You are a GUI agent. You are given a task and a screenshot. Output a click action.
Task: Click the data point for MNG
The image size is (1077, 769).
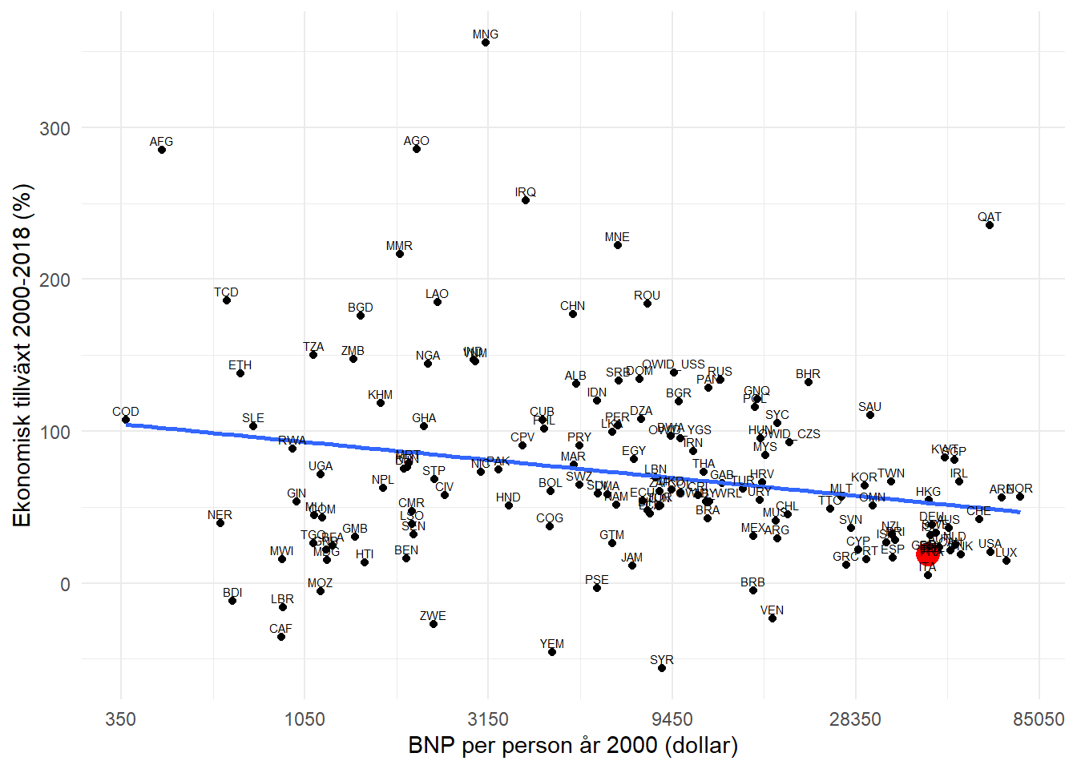coord(486,42)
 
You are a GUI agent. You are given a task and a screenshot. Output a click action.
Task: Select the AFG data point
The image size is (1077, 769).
coord(162,150)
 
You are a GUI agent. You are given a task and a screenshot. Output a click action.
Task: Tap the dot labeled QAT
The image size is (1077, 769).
coord(990,225)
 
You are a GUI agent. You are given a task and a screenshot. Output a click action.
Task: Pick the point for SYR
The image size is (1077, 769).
coord(662,668)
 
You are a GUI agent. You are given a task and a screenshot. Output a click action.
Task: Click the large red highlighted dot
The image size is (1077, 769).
coord(928,554)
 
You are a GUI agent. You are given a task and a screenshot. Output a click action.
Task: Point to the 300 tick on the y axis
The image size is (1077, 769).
coord(54,129)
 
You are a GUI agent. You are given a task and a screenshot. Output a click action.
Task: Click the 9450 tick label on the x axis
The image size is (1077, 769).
coord(672,719)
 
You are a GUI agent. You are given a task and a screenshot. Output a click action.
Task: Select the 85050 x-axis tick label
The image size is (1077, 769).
coord(1039,719)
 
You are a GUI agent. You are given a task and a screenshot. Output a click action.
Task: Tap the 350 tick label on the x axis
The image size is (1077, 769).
coord(121,719)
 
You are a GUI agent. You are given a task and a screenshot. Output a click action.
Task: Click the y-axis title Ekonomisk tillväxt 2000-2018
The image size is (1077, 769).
coord(22,356)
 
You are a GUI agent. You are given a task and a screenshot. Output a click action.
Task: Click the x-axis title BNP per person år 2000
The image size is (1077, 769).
coord(573,746)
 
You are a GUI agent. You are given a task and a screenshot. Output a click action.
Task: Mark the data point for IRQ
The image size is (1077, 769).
coord(526,200)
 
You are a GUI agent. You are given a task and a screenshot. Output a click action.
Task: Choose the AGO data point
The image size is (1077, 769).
coord(417,149)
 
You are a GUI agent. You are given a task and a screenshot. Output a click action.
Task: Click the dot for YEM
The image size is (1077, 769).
coord(552,652)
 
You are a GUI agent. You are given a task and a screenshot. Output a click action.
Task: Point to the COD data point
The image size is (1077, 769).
coord(126,420)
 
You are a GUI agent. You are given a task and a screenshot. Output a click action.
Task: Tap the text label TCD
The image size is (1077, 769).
coord(226,292)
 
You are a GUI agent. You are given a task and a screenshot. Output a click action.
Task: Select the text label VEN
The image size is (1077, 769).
coord(772,610)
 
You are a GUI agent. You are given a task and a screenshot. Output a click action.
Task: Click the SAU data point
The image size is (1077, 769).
coord(870,415)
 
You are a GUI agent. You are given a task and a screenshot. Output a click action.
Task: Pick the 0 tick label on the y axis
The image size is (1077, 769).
coord(65,585)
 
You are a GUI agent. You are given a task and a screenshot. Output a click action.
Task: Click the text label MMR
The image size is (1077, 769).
coord(399,246)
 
